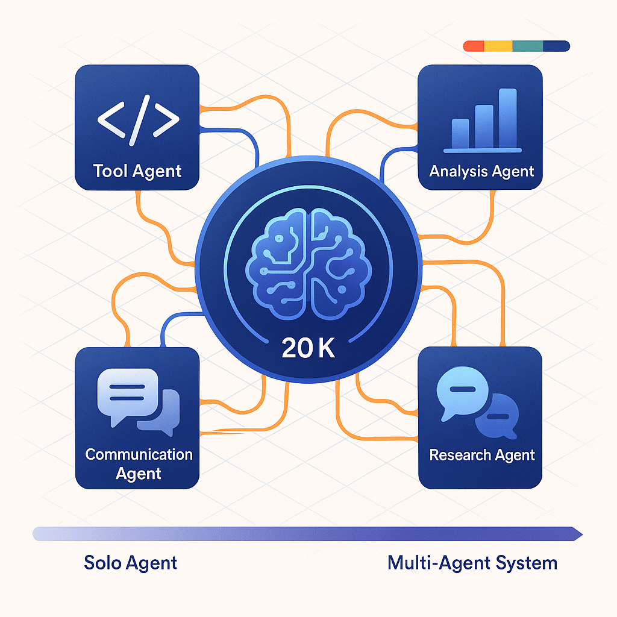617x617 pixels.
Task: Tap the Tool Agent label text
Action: [x=137, y=171]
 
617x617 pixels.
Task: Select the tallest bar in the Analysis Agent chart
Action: [x=508, y=117]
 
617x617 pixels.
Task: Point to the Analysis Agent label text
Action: [x=481, y=171]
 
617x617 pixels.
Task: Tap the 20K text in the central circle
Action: [x=308, y=349]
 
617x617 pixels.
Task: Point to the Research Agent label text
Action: [x=481, y=455]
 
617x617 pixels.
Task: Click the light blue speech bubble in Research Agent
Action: [x=460, y=391]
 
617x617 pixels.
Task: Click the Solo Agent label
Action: [x=131, y=563]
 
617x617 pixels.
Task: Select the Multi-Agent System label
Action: [x=472, y=563]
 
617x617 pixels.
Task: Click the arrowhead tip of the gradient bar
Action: [x=580, y=533]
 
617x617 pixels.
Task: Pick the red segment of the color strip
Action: [x=474, y=46]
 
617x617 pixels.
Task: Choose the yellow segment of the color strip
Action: [x=498, y=46]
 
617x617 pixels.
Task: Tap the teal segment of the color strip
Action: [x=527, y=46]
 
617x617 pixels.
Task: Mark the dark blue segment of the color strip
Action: [x=556, y=46]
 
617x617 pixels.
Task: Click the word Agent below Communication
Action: [x=139, y=474]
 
